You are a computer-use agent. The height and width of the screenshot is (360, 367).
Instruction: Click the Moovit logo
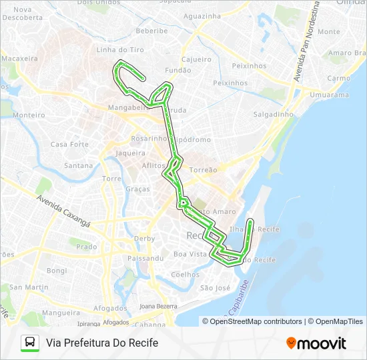click(x=316, y=343)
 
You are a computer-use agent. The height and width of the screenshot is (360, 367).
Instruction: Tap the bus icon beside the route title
click(x=29, y=343)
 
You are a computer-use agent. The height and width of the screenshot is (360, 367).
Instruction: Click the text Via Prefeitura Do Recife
click(x=102, y=343)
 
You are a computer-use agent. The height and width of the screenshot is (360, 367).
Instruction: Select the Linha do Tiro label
click(x=120, y=50)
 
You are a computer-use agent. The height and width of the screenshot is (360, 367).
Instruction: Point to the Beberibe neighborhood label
click(x=151, y=31)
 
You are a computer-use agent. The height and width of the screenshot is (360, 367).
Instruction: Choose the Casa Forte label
click(x=69, y=144)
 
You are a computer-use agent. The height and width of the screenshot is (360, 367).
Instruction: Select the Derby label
click(x=144, y=239)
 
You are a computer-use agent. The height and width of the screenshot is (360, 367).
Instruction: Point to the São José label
click(x=215, y=288)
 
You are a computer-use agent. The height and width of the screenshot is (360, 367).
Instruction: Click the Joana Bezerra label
click(x=158, y=306)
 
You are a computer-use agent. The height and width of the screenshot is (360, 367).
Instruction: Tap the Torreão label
click(x=204, y=170)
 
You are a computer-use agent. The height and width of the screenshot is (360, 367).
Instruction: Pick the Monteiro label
click(x=29, y=115)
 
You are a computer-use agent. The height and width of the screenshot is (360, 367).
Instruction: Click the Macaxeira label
click(x=19, y=59)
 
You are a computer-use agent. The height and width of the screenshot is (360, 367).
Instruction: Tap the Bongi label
click(x=57, y=271)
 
